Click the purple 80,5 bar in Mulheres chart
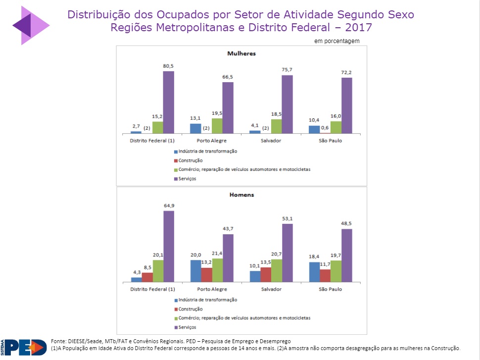pos(169,102)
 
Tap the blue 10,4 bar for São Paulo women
pos(314,129)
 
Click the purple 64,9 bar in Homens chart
pos(169,247)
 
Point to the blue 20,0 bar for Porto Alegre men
pos(195,271)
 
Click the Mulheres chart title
pos(241,53)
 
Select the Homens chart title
pos(241,195)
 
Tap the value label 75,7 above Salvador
pos(287,69)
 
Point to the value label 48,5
pos(346,223)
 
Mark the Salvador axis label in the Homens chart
pos(270,289)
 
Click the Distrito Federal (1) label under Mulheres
pos(152,141)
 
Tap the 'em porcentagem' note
pos(336,41)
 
